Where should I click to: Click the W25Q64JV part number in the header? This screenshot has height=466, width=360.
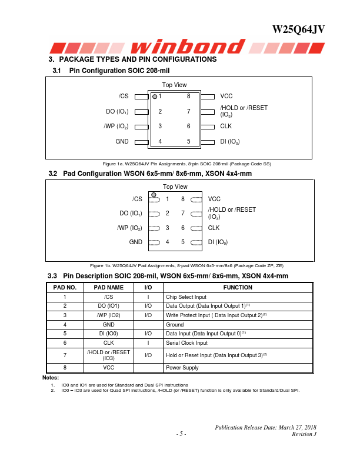299,30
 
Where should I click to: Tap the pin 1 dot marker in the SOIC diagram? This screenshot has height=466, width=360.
155,96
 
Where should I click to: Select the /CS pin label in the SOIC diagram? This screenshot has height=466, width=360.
124,96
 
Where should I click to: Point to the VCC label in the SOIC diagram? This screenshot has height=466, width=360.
226,96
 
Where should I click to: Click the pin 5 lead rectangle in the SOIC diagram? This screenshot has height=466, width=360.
208,141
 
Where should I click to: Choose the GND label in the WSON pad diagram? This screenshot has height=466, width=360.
136,242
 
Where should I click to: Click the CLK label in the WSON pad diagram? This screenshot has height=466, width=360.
214,228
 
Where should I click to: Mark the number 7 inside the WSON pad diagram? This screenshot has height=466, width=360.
183,214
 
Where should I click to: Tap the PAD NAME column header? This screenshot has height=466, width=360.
108,288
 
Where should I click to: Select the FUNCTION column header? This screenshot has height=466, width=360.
238,288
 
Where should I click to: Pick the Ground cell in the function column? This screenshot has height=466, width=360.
175,325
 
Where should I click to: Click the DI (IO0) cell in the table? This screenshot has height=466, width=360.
108,334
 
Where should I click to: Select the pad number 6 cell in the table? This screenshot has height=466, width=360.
65,343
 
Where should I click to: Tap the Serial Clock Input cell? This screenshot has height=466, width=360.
187,343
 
